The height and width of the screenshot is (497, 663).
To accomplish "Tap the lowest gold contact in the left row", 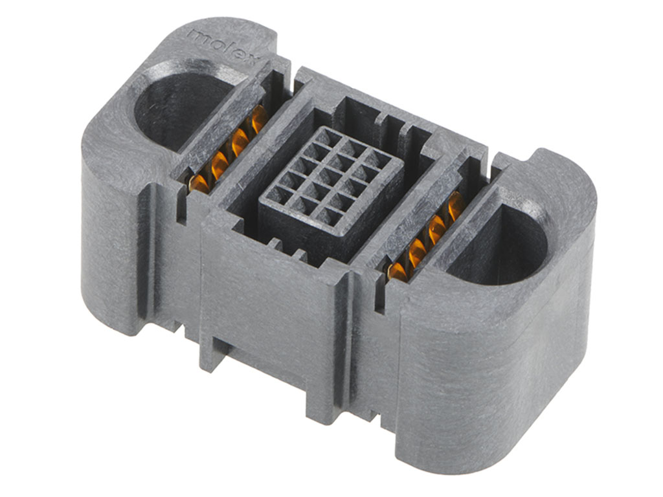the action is point(198,184).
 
